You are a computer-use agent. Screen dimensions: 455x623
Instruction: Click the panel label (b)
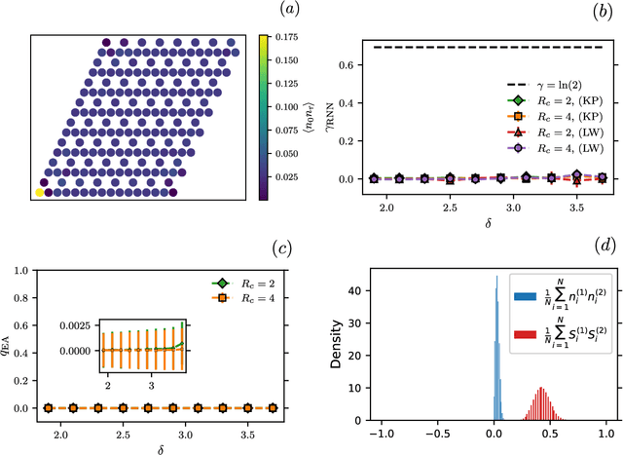[x=602, y=11]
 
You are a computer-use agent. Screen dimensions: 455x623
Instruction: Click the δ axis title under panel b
[x=490, y=223]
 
